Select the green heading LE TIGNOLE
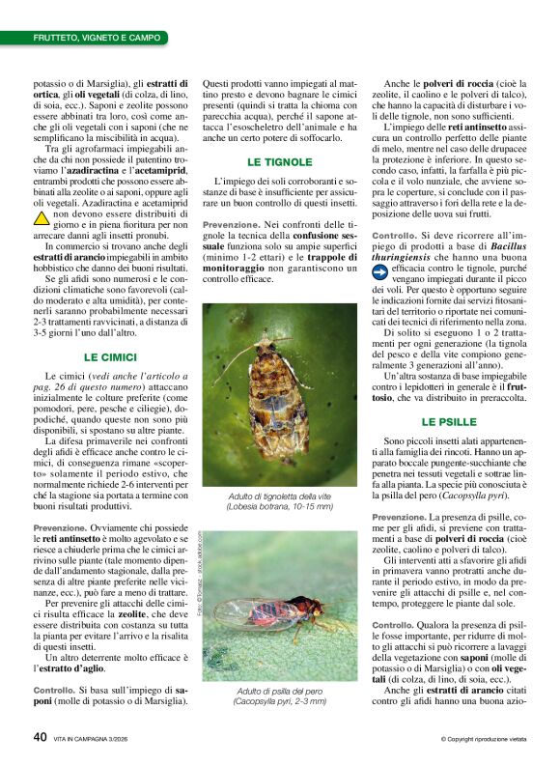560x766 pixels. (x=280, y=162)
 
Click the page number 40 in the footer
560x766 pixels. (x=40, y=737)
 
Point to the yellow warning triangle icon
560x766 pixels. (x=42, y=218)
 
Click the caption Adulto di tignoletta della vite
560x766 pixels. (x=279, y=494)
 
